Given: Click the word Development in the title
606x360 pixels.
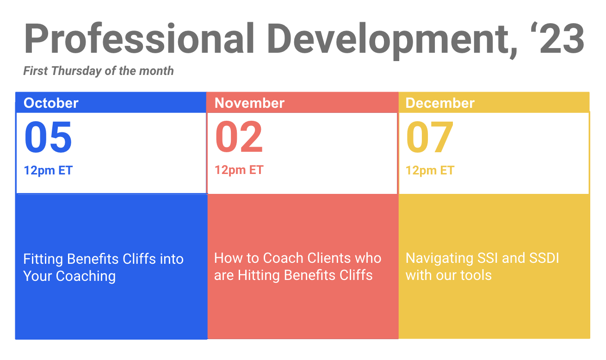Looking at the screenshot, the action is tap(393, 41).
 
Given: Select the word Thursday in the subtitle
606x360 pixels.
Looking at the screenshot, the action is tap(76, 71).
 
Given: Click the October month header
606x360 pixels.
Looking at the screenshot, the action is tap(51, 103).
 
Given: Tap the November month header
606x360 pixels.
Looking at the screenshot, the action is tap(249, 103).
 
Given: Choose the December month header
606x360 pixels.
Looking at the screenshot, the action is tap(440, 103).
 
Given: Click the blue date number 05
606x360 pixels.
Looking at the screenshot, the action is tap(48, 137).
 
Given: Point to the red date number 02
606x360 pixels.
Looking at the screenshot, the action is tap(239, 137).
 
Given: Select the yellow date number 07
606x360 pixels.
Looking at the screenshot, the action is tap(430, 137).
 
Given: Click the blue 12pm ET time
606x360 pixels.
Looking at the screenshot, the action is tap(48, 171).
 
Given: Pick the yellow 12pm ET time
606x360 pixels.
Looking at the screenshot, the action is tap(430, 171).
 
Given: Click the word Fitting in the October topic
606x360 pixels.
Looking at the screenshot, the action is tap(43, 259).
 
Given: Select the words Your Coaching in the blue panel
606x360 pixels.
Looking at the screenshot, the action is tap(69, 276).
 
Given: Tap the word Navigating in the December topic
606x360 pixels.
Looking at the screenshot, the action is tap(439, 259).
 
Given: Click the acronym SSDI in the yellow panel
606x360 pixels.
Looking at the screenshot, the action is tap(544, 258).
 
